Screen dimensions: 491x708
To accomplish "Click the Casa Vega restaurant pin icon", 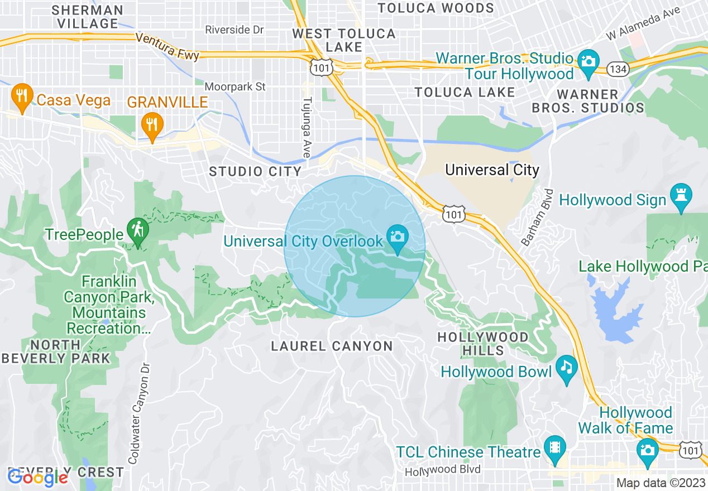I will coord(21,99).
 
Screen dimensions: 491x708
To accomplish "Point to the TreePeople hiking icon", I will coord(136,232).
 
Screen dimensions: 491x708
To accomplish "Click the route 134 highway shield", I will coord(620,69).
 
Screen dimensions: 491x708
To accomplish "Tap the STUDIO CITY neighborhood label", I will coord(255,172).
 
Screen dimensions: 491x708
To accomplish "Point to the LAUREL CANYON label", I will coord(332,346).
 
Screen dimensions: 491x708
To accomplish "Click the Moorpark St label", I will coord(235,87).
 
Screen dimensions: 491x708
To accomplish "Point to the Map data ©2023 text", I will coord(659,483).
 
